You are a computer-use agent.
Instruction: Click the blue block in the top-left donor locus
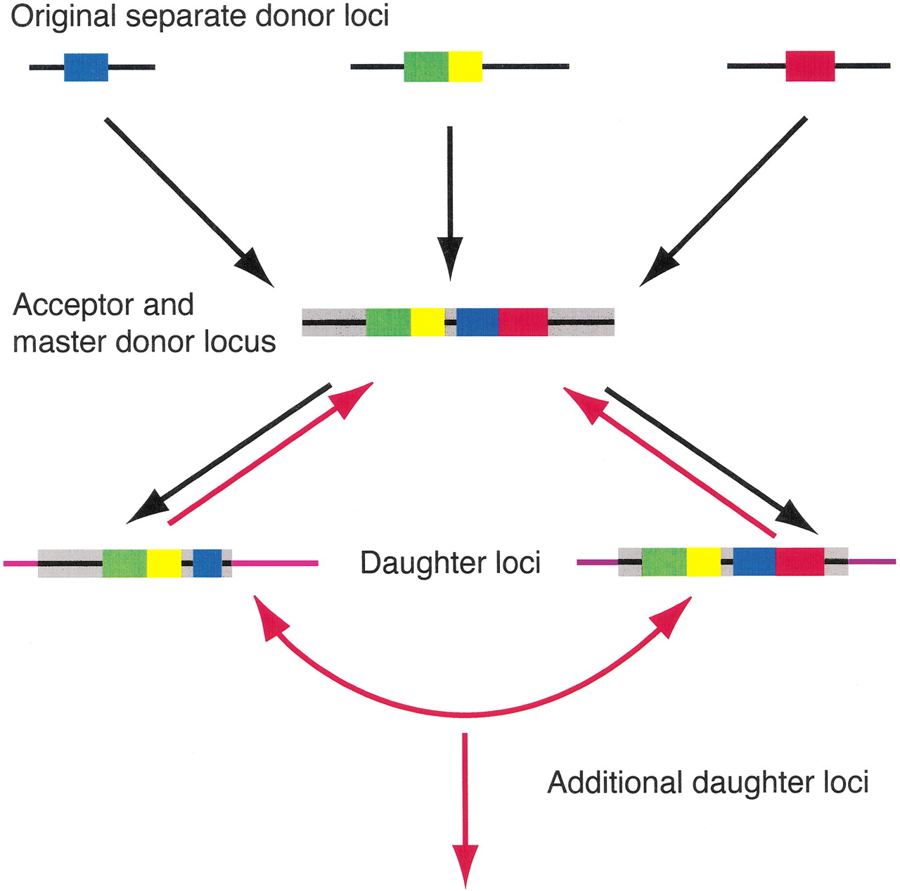coord(86,67)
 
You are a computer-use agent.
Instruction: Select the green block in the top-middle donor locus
coord(425,67)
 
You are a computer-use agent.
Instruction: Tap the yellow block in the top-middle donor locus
coord(465,67)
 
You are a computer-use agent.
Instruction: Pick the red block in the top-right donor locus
coord(810,66)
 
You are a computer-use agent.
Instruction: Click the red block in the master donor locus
coord(523,322)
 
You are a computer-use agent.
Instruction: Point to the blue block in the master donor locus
coord(477,322)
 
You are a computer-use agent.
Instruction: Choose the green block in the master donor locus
coord(388,322)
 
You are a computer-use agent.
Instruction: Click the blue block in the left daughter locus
coord(207,563)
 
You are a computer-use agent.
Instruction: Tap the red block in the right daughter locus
coord(799,562)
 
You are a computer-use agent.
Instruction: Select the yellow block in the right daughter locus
coord(704,562)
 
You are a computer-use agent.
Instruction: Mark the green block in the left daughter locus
coord(124,563)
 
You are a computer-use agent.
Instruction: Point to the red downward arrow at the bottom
coord(465,809)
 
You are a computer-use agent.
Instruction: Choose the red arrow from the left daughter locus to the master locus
coord(271,453)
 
